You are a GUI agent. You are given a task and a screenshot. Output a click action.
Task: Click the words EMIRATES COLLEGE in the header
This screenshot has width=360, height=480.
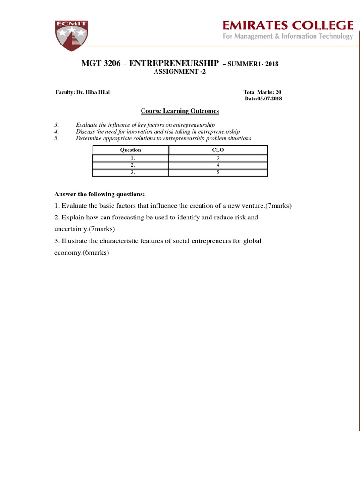coord(287,25)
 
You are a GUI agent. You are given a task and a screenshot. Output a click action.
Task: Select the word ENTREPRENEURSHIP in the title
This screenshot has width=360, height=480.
coord(174,63)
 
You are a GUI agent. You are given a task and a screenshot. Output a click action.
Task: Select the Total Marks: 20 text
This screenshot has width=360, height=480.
coord(262,92)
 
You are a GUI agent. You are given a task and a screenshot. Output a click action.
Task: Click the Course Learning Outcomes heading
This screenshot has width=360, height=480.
coord(180,111)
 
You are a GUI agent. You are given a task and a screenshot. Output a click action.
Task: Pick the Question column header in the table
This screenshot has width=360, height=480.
coord(131,150)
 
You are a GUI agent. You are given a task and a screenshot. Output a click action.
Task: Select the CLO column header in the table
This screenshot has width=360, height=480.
coord(218,150)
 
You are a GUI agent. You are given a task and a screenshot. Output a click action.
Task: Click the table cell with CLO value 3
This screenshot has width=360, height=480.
coord(218,158)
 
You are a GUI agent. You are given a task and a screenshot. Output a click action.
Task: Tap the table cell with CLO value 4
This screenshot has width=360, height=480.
coord(218,165)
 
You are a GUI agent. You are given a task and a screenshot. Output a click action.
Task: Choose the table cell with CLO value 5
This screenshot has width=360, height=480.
coord(218,172)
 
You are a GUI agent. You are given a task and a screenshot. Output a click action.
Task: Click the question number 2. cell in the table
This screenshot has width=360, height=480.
coord(132,165)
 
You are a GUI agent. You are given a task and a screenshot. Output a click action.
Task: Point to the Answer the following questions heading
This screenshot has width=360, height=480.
coord(100,194)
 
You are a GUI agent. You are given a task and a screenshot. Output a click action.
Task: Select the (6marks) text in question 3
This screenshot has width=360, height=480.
coord(94,252)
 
